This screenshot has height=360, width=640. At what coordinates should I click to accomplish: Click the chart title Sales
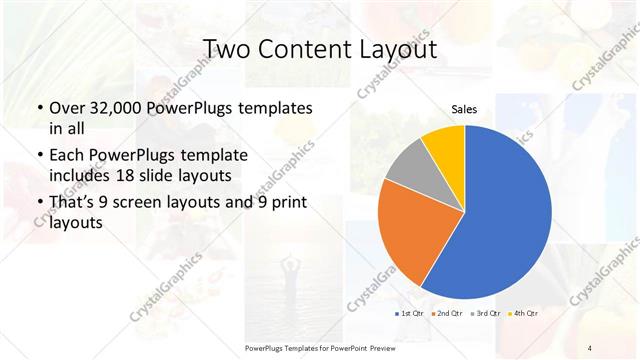click(464, 109)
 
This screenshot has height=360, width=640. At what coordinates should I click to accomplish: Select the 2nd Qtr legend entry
click(447, 314)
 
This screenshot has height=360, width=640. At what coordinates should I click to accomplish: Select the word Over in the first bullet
click(65, 107)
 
